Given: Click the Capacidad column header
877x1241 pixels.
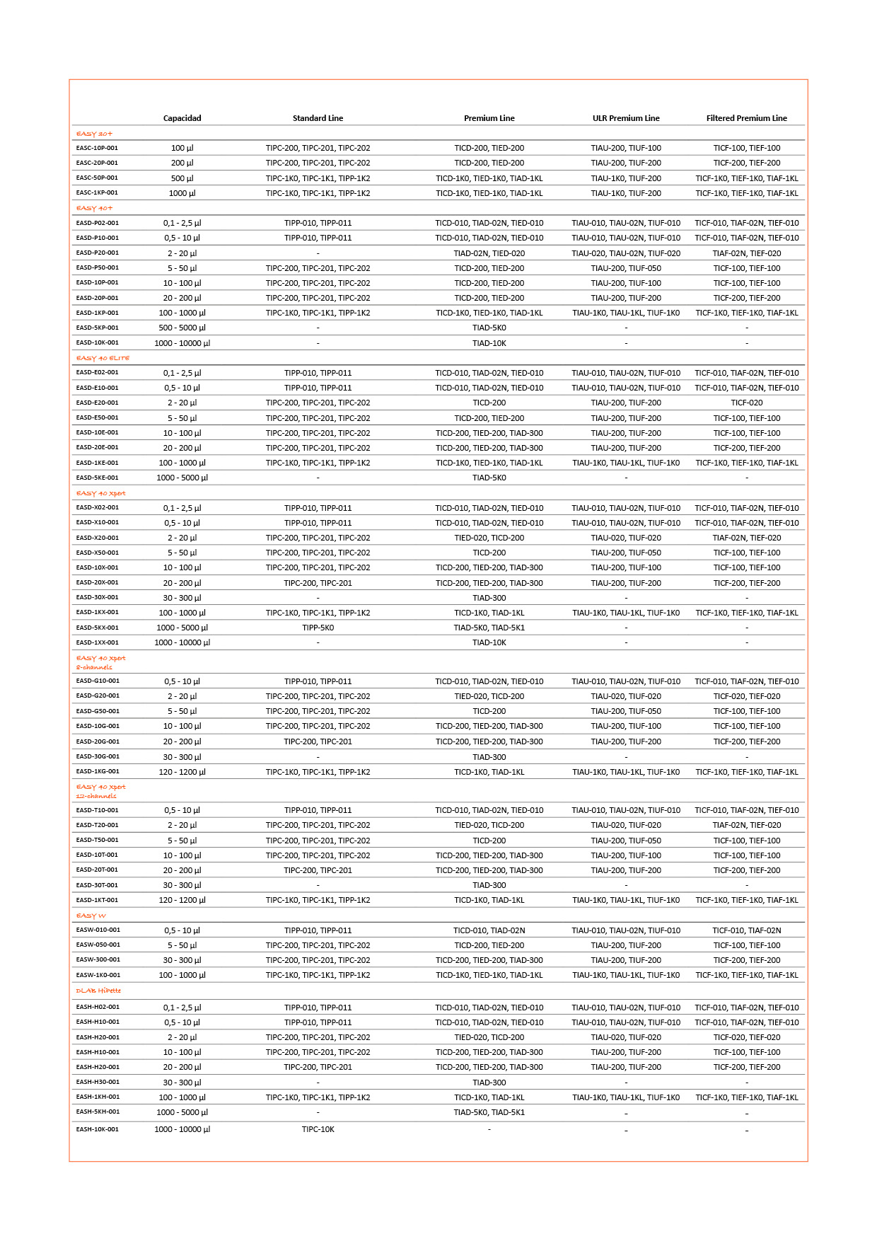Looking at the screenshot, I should point(182,118).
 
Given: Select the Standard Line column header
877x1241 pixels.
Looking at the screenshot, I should point(318,118).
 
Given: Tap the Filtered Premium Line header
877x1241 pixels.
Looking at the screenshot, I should point(746,118).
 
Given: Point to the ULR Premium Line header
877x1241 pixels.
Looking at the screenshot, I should point(625,118).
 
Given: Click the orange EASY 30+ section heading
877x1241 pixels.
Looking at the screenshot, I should point(94,134).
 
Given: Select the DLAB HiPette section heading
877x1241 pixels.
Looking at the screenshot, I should point(98,991).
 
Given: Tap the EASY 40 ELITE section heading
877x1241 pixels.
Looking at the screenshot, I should point(103,358).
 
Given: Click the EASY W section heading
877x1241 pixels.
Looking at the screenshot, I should point(91,916).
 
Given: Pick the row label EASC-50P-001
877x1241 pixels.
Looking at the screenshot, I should point(97,178).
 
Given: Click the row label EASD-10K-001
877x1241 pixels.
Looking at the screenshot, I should point(97,342).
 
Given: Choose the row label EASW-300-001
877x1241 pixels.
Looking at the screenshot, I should point(98,960).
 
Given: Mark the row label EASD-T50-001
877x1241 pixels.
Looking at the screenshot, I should point(97,840).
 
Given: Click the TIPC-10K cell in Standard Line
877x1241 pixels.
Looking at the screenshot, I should point(318,1129).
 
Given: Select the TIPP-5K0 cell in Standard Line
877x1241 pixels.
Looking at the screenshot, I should point(318,628).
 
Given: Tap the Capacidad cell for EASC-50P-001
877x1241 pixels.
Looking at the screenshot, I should point(182,178).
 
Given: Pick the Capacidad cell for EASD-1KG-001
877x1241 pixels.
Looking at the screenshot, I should point(182,772).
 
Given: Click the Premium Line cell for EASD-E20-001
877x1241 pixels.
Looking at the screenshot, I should point(489,403).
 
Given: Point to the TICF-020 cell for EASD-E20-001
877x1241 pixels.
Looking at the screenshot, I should point(746,403).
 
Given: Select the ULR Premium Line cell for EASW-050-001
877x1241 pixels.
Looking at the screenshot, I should point(625,945).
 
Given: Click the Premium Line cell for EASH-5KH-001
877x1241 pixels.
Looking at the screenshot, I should point(489,1112).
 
